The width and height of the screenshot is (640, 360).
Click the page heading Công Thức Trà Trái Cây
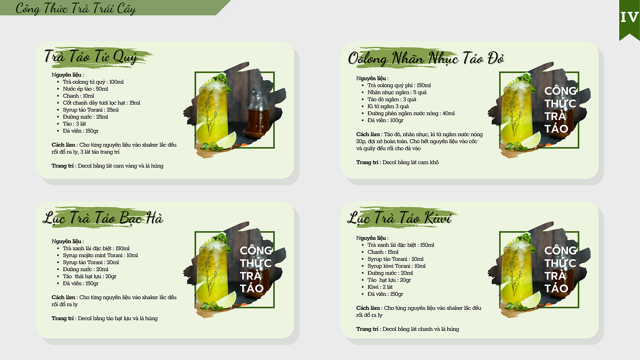click(x=76, y=9)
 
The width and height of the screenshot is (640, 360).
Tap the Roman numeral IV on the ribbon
click(x=629, y=17)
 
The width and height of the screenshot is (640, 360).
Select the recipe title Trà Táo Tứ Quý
click(x=91, y=57)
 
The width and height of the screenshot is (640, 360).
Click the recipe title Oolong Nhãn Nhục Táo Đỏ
click(x=426, y=58)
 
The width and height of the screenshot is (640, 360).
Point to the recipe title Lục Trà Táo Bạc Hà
click(x=103, y=218)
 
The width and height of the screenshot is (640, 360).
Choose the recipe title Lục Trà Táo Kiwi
click(x=399, y=218)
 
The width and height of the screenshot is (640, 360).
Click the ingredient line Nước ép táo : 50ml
click(x=85, y=89)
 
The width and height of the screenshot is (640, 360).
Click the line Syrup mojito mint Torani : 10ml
click(x=100, y=255)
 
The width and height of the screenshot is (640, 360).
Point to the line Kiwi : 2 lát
click(x=380, y=287)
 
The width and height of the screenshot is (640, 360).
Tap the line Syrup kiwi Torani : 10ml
click(x=397, y=266)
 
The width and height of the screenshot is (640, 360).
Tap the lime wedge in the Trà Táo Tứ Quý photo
click(x=226, y=141)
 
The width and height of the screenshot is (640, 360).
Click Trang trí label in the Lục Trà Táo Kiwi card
click(x=367, y=329)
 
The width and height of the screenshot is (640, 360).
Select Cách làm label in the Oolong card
click(x=368, y=134)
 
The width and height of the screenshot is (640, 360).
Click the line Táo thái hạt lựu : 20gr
click(x=90, y=276)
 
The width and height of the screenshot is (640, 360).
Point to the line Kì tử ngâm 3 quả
click(x=388, y=106)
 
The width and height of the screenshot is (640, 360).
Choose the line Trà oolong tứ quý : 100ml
click(x=93, y=82)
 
